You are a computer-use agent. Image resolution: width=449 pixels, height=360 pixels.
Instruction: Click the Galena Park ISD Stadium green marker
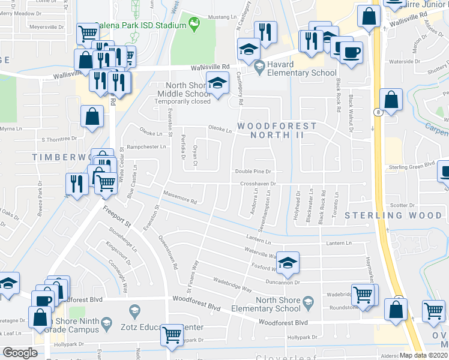(194, 24)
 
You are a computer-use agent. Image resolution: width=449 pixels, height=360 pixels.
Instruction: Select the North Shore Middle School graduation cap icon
(217, 84)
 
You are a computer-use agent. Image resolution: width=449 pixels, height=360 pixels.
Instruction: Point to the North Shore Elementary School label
(277, 304)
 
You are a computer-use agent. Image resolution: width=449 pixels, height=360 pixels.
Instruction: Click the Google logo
(20, 353)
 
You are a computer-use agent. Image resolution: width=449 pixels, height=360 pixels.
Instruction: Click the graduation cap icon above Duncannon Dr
(288, 262)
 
